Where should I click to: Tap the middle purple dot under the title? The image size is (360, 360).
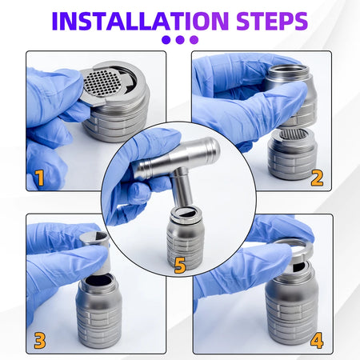click(x=180, y=40)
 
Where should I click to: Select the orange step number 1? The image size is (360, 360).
click(x=38, y=178)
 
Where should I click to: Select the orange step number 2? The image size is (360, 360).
click(x=317, y=178)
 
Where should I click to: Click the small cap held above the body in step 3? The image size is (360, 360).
click(x=94, y=239)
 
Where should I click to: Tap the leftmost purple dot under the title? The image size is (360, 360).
click(x=166, y=40)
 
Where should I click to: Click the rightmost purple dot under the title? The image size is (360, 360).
click(x=194, y=40)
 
